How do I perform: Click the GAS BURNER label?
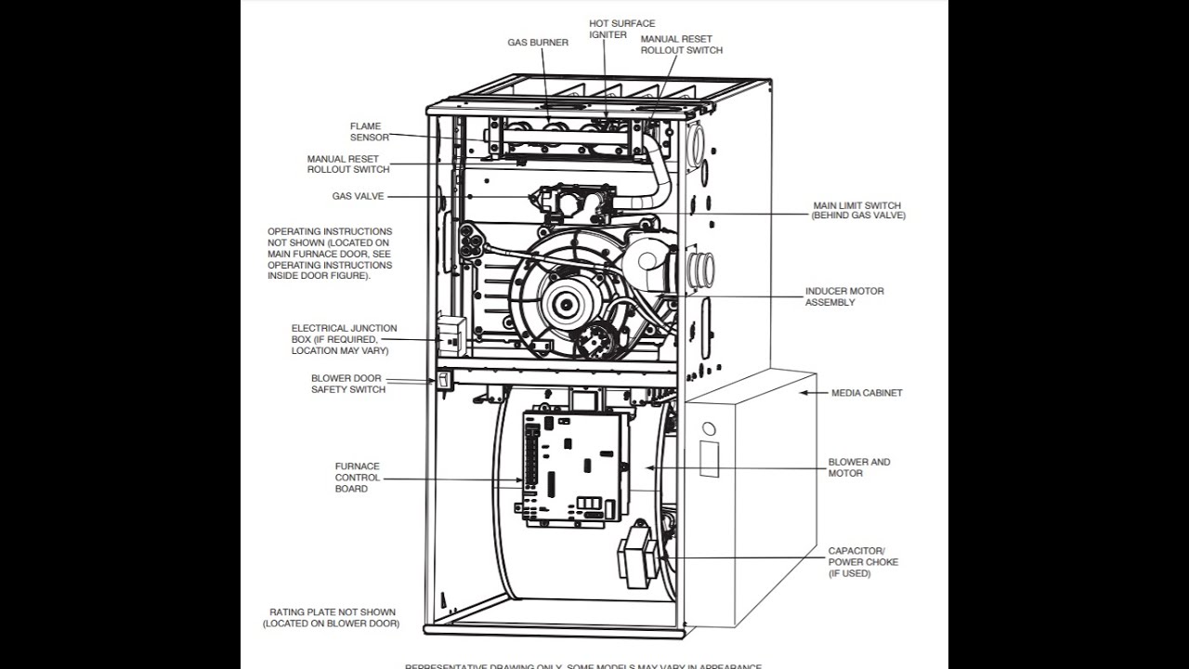tap(538, 43)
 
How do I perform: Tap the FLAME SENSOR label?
tap(365, 132)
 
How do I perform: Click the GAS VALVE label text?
tap(358, 197)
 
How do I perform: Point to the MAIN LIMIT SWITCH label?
tap(856, 211)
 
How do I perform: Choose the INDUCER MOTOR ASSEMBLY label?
tap(843, 297)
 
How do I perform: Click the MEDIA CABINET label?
tap(866, 393)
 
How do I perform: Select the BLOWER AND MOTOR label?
tap(858, 467)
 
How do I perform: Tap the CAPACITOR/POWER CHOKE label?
tap(863, 562)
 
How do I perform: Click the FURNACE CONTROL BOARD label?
tap(358, 478)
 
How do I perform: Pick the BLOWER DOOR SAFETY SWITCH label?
tap(348, 384)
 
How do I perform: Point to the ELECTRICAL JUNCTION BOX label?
tap(344, 339)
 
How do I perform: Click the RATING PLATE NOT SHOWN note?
tap(332, 618)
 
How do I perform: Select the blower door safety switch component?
tap(444, 379)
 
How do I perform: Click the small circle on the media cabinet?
tap(709, 430)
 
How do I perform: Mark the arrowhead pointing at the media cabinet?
tap(804, 393)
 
